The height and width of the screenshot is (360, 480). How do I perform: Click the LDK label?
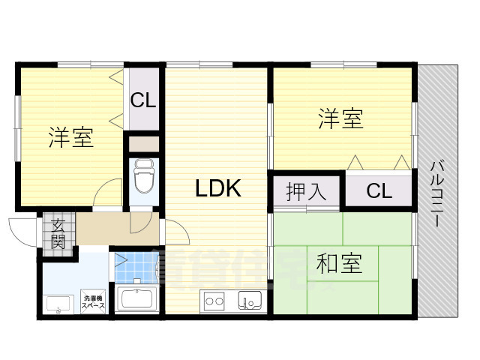(x=218, y=189)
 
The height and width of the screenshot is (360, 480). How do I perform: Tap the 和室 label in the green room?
(x=340, y=264)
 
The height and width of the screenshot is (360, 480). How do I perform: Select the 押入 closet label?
(x=307, y=191)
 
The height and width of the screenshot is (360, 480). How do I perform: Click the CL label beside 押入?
(x=379, y=191)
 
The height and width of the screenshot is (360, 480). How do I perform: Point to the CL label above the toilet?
(x=143, y=100)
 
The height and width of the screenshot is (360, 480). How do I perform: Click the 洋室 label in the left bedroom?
(x=71, y=138)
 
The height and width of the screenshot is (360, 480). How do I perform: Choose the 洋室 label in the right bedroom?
(x=341, y=118)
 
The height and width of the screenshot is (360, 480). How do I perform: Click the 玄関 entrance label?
(x=58, y=232)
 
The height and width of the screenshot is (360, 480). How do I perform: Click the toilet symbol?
(x=142, y=176)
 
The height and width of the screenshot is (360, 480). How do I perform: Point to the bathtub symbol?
(x=135, y=298)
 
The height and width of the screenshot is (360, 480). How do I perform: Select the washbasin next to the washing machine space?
(x=58, y=304)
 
